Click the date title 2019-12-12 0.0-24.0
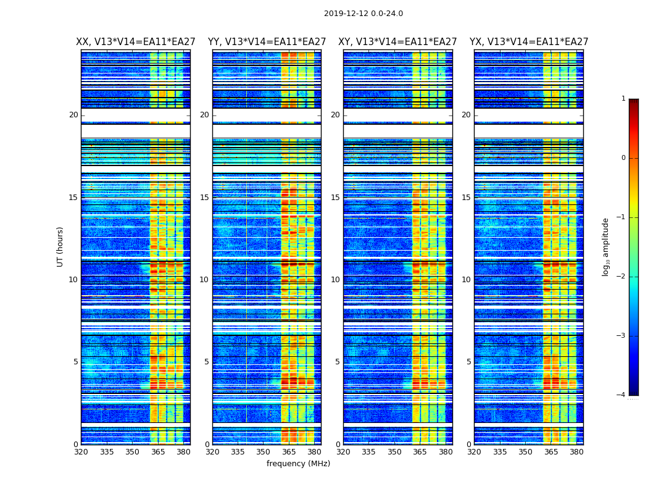click(x=363, y=14)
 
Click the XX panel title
click(x=136, y=42)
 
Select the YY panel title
click(x=267, y=42)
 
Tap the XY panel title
click(x=397, y=42)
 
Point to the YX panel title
click(x=529, y=42)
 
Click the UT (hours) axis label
click(x=60, y=246)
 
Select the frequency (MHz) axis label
click(x=298, y=464)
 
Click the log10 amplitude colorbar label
click(x=606, y=246)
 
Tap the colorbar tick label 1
click(x=623, y=99)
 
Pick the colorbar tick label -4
click(x=621, y=395)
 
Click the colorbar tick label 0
click(x=623, y=158)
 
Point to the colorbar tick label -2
click(x=621, y=277)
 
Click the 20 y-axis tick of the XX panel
click(x=73, y=115)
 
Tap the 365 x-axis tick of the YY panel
click(x=289, y=452)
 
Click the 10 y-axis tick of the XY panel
click(x=335, y=280)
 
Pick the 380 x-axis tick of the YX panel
click(x=576, y=452)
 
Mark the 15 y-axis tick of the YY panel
click(x=204, y=198)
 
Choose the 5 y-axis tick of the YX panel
click(x=468, y=362)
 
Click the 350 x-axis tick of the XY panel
click(x=394, y=452)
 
